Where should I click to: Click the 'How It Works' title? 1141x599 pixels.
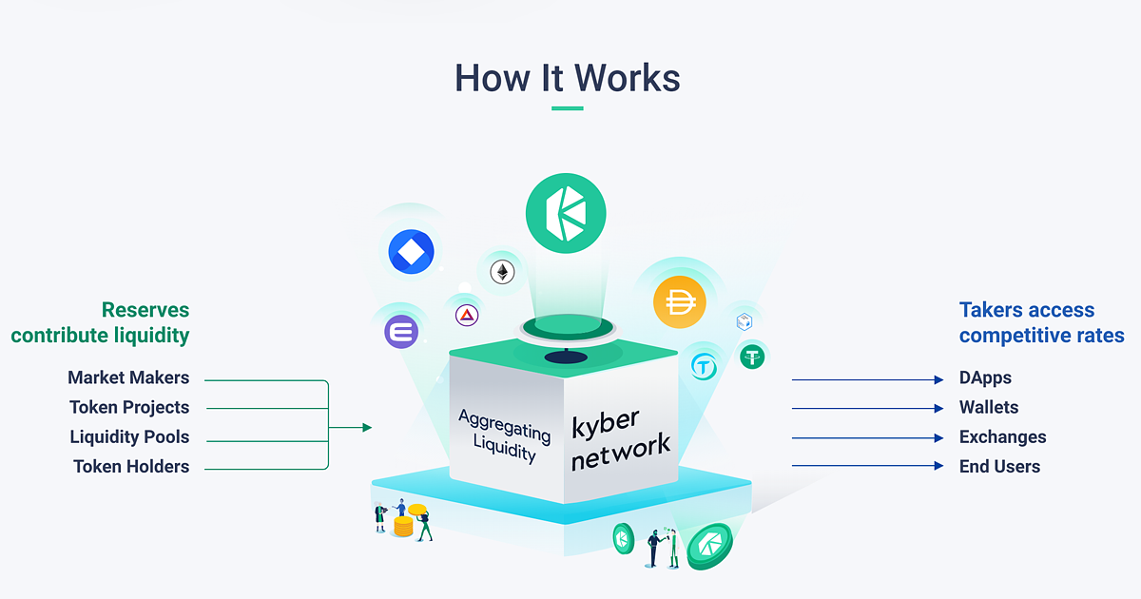(x=568, y=77)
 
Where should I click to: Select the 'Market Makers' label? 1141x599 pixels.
(x=128, y=377)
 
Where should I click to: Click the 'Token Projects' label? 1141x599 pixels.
(x=129, y=407)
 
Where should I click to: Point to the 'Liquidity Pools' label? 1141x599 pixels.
(x=129, y=437)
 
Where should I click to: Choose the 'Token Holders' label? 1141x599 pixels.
(x=131, y=467)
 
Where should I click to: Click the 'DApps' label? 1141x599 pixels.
(x=985, y=378)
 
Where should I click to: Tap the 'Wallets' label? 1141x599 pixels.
(x=989, y=407)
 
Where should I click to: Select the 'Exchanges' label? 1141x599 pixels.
(x=1002, y=437)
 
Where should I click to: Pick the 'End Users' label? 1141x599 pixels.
(x=999, y=467)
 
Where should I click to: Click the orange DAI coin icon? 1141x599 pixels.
(x=680, y=302)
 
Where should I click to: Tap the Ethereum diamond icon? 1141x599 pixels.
(x=500, y=273)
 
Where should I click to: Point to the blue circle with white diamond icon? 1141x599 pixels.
(x=411, y=252)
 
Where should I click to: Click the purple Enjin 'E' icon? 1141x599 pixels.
(x=401, y=332)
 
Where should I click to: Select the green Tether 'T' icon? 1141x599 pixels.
(x=752, y=357)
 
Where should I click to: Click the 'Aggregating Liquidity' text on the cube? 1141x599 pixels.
(x=504, y=435)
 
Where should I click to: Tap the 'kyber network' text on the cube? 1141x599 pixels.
(x=620, y=440)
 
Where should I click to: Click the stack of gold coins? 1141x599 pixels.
(x=403, y=526)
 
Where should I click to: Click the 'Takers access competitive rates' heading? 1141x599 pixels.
(x=1041, y=322)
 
